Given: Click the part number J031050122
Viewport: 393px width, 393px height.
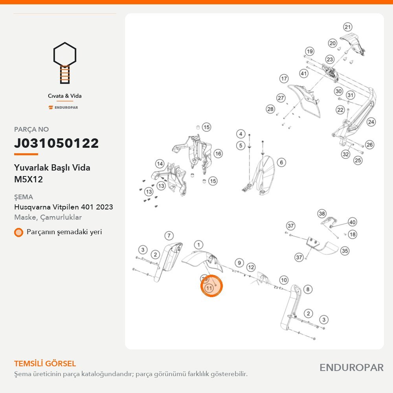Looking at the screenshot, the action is pyautogui.click(x=56, y=143).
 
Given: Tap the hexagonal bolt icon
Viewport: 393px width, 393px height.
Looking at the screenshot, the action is pyautogui.click(x=65, y=62).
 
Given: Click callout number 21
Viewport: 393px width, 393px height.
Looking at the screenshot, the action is pyautogui.click(x=347, y=27).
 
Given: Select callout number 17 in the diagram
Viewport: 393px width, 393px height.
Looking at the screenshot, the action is pyautogui.click(x=284, y=79).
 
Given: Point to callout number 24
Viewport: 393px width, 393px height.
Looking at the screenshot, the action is pyautogui.click(x=371, y=122).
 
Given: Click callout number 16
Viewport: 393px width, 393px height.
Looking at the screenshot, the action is pyautogui.click(x=218, y=154).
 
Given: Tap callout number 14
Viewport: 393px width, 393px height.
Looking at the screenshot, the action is pyautogui.click(x=160, y=164).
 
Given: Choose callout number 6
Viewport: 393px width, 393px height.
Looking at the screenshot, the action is pyautogui.click(x=281, y=162).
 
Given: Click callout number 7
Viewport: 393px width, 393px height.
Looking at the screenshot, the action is pyautogui.click(x=169, y=235).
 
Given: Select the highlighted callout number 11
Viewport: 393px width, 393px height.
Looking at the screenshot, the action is pyautogui.click(x=209, y=288).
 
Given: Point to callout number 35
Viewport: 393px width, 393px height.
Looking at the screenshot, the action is pyautogui.click(x=345, y=251).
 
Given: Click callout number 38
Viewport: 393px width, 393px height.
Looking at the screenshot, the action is pyautogui.click(x=322, y=214).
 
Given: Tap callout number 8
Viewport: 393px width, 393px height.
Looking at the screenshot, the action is pyautogui.click(x=308, y=290).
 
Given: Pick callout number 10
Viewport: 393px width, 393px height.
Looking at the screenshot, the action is pyautogui.click(x=284, y=280).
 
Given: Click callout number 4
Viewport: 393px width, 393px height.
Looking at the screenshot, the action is pyautogui.click(x=241, y=134).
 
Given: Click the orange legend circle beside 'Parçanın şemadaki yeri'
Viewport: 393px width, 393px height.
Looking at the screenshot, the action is pyautogui.click(x=18, y=232).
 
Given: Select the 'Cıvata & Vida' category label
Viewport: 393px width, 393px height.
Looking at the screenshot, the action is pyautogui.click(x=65, y=96).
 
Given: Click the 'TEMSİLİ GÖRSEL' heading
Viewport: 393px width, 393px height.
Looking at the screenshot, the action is pyautogui.click(x=45, y=364).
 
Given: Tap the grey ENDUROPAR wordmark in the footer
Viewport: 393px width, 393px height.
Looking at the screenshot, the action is pyautogui.click(x=351, y=368).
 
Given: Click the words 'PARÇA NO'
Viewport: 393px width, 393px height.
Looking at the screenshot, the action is pyautogui.click(x=31, y=129).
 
